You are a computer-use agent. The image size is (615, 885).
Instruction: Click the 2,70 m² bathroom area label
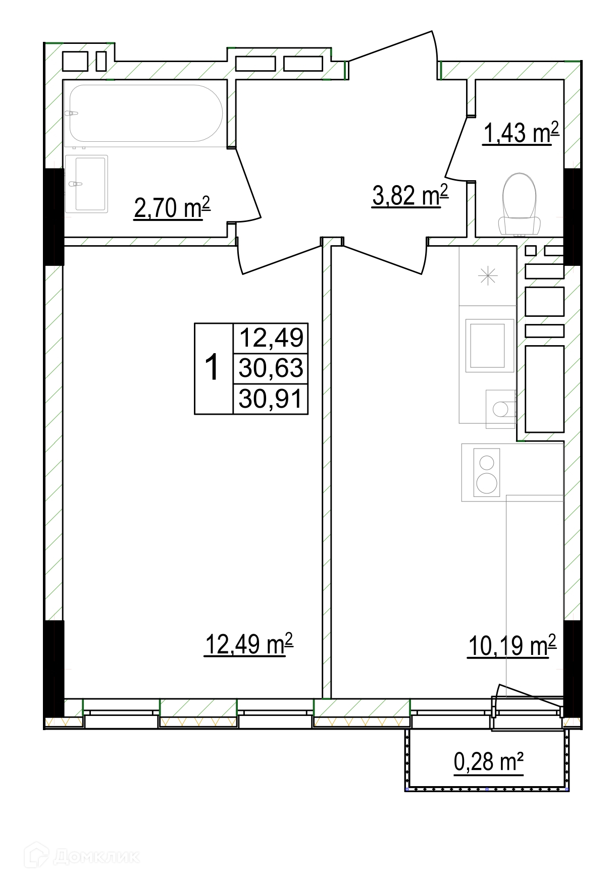[x=172, y=208]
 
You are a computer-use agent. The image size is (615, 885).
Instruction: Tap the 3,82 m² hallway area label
[x=410, y=195]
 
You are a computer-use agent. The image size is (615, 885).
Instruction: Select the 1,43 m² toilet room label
[x=521, y=133]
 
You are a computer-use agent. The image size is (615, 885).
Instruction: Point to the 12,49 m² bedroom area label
[x=248, y=644]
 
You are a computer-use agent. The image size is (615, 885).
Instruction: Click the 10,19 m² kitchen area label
[x=512, y=646]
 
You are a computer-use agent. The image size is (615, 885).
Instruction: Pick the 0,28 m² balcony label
[x=489, y=762]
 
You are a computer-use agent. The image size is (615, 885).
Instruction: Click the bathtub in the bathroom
[x=145, y=113]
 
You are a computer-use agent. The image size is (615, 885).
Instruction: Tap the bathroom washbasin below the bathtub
[x=86, y=184]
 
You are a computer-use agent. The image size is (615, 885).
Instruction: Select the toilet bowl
[x=519, y=204]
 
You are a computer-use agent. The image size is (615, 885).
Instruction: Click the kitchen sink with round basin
[x=500, y=409]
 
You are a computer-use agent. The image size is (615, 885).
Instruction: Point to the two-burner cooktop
[x=487, y=472]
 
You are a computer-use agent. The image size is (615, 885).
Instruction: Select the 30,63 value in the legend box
[x=271, y=368]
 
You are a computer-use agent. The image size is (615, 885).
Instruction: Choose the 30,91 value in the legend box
[x=271, y=399]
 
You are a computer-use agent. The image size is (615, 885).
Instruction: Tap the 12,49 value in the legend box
[x=272, y=338]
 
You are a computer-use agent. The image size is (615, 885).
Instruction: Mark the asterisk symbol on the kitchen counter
[x=488, y=276]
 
